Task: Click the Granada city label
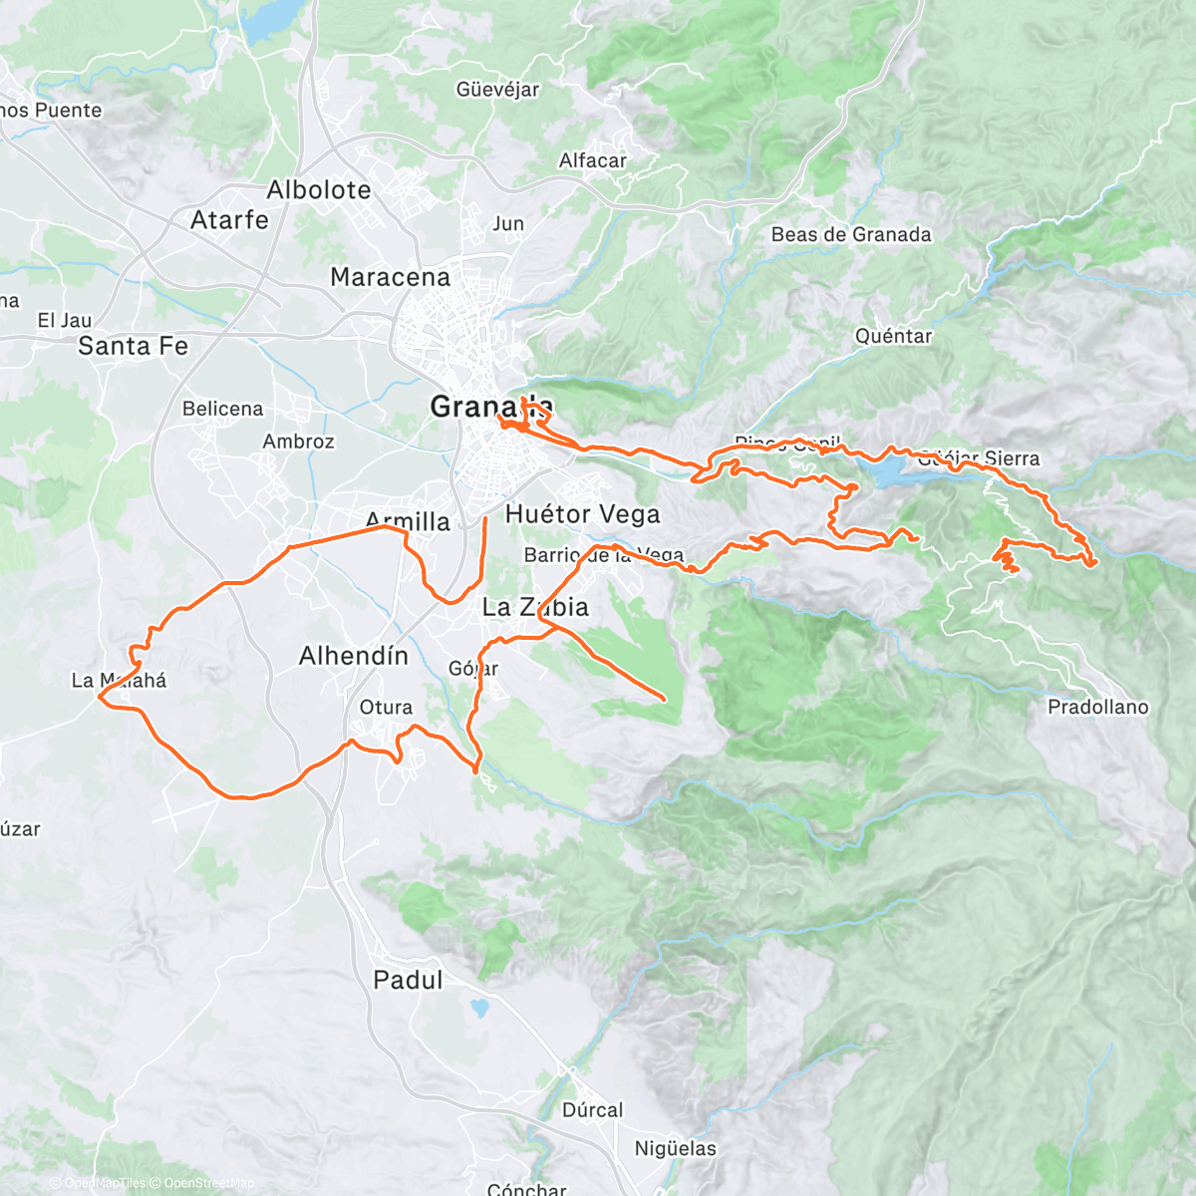[490, 406]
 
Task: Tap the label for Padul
[408, 980]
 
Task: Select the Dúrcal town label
[592, 1110]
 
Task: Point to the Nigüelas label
[675, 1148]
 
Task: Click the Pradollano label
[1097, 707]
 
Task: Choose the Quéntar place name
[893, 336]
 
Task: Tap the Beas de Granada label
[851, 234]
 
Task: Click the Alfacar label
[593, 160]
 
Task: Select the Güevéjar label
[497, 90]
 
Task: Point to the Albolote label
[319, 189]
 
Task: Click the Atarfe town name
[229, 219]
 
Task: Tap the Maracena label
[390, 277]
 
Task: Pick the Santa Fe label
[133, 346]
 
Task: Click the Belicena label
[222, 409]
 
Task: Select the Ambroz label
[298, 442]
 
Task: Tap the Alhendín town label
[354, 655]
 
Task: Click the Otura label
[386, 707]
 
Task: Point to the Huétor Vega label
[582, 514]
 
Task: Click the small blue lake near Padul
[480, 1008]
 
